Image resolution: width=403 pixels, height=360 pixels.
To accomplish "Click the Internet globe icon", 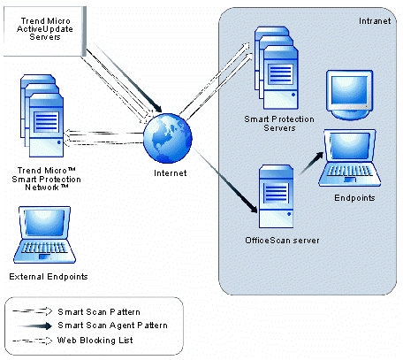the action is pos(168,138).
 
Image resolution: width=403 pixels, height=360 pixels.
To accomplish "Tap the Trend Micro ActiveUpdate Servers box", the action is pos(45,31).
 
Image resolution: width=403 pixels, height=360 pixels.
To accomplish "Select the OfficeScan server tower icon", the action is pos(276,196).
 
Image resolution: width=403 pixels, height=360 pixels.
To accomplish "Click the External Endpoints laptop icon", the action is pos(44,234).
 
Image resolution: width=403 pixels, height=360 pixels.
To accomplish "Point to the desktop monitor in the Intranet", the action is pos(349,95).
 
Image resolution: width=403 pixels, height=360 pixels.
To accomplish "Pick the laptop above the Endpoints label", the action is pos(349,157).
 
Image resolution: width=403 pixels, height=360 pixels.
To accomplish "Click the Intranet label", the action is pos(375,21).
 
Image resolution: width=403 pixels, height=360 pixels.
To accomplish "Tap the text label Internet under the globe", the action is pos(171,173).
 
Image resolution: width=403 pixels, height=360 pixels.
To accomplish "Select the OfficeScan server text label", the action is pos(282,241).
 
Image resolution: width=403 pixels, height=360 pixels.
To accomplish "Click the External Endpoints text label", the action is pos(49,277).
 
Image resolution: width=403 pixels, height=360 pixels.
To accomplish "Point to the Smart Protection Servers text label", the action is pos(279,124).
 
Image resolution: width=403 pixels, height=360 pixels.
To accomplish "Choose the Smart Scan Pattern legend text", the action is pos(99,312).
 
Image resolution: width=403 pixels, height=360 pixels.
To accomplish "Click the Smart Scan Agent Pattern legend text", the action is pos(112,326).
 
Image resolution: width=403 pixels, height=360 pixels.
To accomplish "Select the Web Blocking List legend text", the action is pos(95,341).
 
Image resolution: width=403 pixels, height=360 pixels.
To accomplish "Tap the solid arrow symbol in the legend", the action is pos(34,326).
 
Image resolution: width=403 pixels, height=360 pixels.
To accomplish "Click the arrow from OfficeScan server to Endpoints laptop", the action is pos(311,164).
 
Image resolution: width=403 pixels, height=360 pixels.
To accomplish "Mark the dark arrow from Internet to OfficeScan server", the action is pos(225,180).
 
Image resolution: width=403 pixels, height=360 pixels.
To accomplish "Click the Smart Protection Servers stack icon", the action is pos(277,68).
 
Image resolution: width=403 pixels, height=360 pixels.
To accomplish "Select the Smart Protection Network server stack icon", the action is pos(42,116).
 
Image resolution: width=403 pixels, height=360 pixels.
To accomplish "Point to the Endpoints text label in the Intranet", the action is pos(354,197).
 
